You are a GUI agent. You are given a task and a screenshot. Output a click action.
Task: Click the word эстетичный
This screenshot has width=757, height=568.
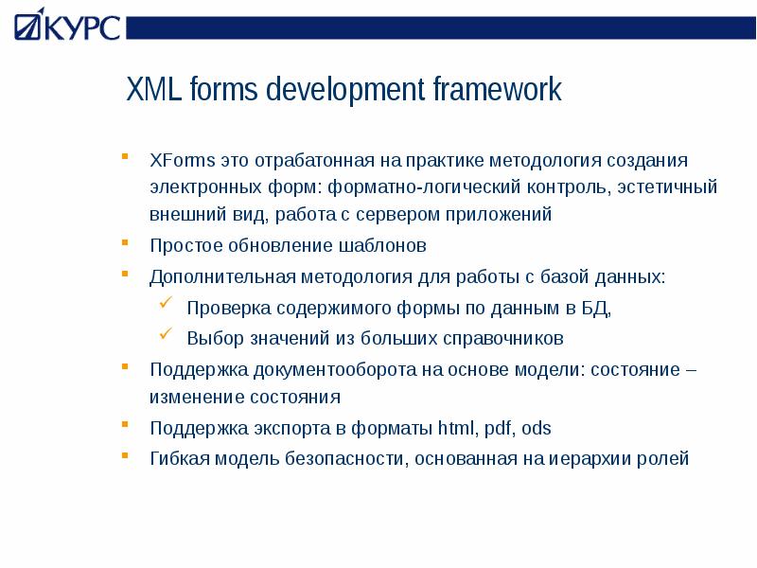tap(667, 186)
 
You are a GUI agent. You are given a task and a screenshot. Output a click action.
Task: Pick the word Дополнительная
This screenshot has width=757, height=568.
tap(223, 277)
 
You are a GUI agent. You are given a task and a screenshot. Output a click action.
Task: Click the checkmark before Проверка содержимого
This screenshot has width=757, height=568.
tap(166, 306)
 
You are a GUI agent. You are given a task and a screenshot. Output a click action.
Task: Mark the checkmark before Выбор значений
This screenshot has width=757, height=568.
tap(166, 334)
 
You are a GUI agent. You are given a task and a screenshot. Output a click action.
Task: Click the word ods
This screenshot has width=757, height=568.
tap(536, 428)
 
